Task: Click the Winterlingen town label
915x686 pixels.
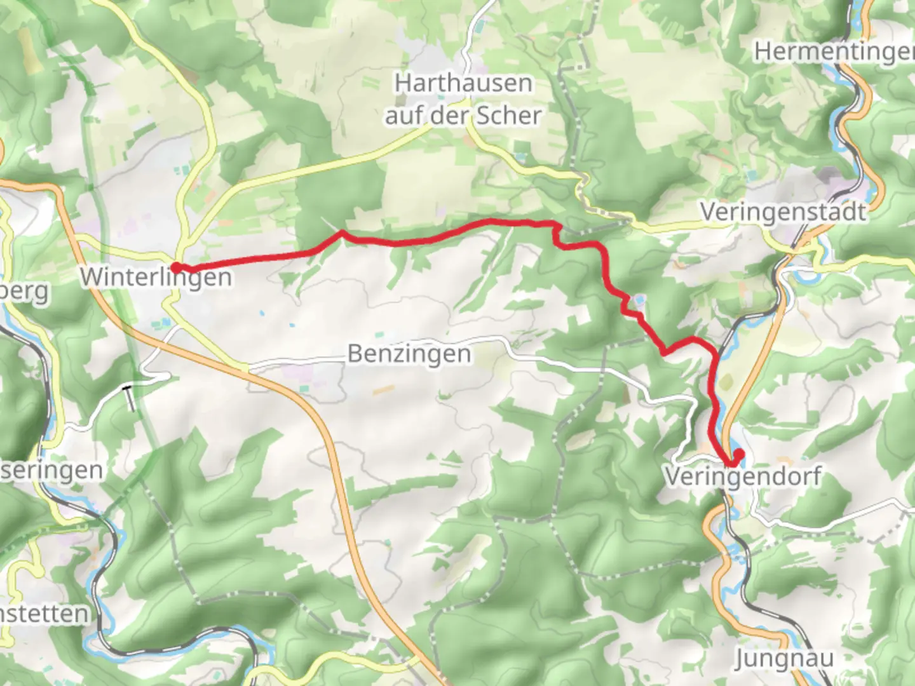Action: pyautogui.click(x=156, y=277)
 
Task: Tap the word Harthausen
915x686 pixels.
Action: pyautogui.click(x=463, y=83)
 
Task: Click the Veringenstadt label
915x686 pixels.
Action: pyautogui.click(x=783, y=212)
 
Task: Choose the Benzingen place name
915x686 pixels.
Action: pyautogui.click(x=409, y=354)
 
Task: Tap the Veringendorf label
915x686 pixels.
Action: pyautogui.click(x=743, y=476)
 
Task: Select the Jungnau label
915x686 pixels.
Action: pyautogui.click(x=783, y=659)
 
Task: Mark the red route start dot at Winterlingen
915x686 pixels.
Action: pyautogui.click(x=175, y=268)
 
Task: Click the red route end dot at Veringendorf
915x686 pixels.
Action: pyautogui.click(x=738, y=454)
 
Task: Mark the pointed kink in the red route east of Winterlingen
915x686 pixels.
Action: pyautogui.click(x=342, y=232)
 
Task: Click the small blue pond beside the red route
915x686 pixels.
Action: pyautogui.click(x=639, y=298)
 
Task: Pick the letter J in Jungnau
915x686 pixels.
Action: pyautogui.click(x=742, y=659)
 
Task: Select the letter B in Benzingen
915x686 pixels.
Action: pyautogui.click(x=355, y=354)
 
